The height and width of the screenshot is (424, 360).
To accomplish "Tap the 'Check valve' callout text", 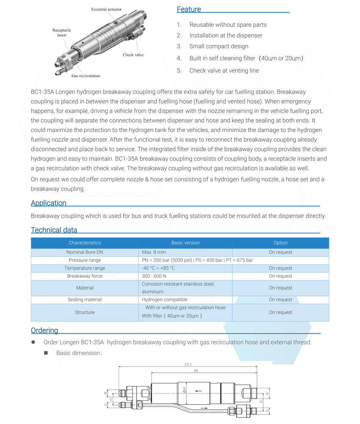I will point(133,55).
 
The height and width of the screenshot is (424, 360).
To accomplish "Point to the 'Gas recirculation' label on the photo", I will point(86,76).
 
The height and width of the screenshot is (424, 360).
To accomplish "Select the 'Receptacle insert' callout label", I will point(62,33).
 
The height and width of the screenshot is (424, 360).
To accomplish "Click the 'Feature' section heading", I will point(189,9).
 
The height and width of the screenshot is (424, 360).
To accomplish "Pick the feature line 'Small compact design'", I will point(219,46).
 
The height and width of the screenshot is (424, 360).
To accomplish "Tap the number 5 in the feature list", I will point(179,71).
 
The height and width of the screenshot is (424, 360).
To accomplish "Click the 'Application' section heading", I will point(49,203).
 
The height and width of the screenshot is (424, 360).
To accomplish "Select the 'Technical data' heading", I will point(54,230).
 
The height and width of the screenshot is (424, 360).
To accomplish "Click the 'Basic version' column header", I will point(185,243).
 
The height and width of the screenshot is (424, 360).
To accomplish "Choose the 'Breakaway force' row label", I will point(85,276).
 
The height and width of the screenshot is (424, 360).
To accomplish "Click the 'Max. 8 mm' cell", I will point(154,252).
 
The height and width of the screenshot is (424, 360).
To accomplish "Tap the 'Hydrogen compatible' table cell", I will point(165,300).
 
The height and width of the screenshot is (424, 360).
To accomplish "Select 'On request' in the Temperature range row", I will point(280,268).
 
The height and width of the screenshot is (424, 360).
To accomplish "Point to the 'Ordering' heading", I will point(44,330).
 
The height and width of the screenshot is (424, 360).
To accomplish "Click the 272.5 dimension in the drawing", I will point(188,364).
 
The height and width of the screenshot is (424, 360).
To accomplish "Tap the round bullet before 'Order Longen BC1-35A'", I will point(33,342).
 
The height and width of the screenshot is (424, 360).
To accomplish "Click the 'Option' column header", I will point(280,243).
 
